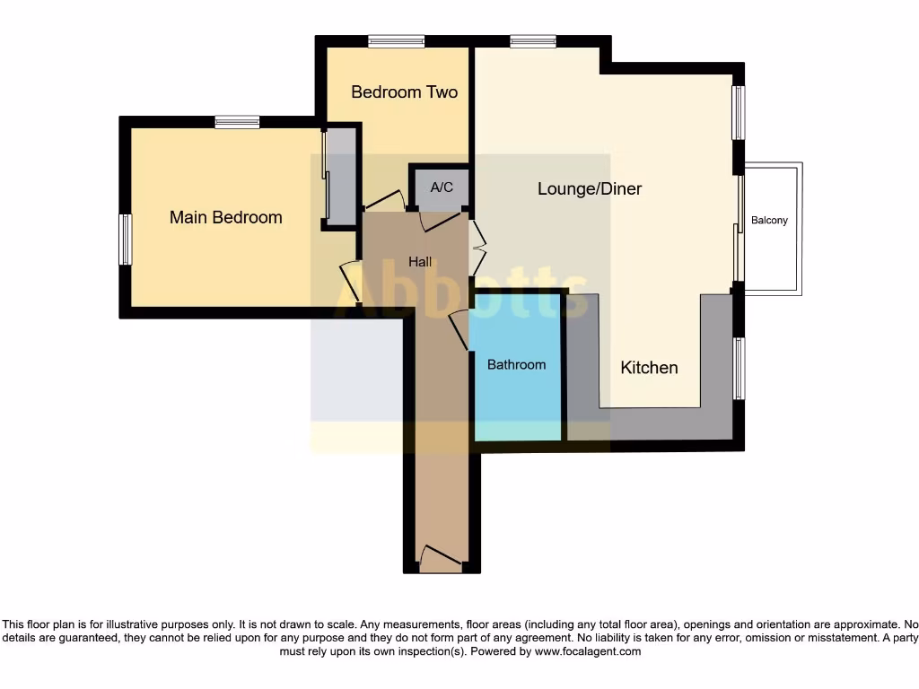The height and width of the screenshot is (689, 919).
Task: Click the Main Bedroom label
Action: [225, 217]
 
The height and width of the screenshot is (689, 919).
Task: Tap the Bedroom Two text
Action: [404, 92]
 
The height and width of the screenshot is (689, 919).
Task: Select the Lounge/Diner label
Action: [590, 188]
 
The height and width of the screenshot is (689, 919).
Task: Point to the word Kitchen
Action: [649, 367]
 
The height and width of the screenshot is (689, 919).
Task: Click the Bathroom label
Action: [516, 364]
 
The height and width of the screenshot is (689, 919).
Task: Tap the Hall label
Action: [420, 262]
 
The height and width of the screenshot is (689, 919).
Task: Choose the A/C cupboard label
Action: [442, 188]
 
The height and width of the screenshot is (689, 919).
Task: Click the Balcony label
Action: [769, 220]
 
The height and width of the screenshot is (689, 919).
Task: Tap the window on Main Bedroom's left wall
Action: [126, 240]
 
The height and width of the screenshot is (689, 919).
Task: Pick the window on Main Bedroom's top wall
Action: [237, 123]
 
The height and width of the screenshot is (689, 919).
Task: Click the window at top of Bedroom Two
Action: [396, 41]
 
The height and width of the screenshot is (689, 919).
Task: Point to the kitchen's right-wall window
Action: [739, 368]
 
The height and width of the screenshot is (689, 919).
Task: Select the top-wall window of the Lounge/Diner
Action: [533, 41]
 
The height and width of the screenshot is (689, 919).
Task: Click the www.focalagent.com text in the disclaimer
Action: [587, 651]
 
